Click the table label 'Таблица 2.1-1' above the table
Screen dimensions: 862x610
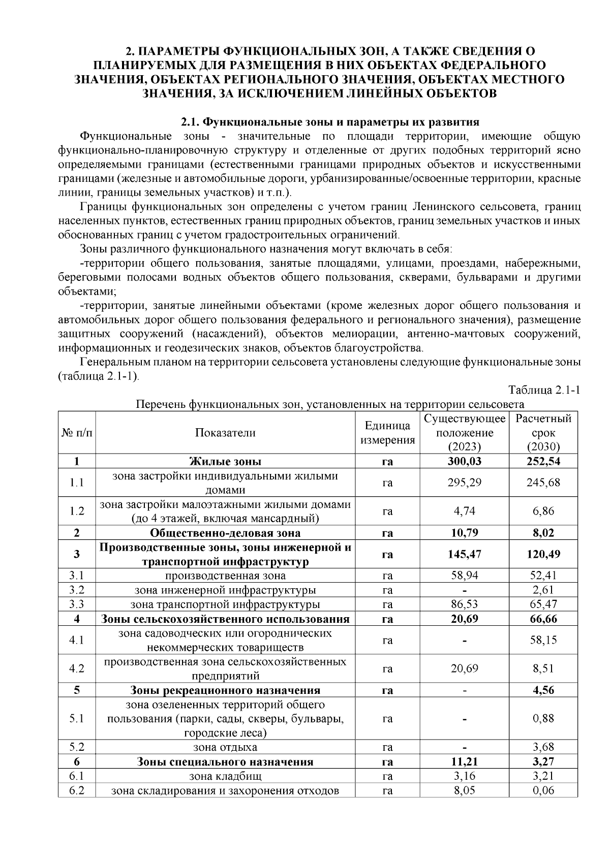(544, 390)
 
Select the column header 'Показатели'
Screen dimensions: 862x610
(225, 433)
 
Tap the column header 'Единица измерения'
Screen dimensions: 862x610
(387, 433)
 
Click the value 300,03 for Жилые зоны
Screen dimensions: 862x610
(464, 461)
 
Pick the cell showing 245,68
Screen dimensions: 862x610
(543, 483)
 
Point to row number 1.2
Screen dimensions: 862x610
(77, 511)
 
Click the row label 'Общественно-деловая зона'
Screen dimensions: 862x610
(225, 533)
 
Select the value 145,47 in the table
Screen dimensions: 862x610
(464, 554)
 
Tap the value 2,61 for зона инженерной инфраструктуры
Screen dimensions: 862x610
(543, 590)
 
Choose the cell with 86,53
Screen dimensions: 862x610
(464, 604)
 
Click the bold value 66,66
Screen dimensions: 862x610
(543, 619)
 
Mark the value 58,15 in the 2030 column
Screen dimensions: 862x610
(543, 640)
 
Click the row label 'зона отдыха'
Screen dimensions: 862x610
(225, 747)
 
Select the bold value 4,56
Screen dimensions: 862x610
(543, 690)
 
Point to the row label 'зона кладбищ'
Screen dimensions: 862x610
(225, 776)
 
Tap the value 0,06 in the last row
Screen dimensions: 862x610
(543, 790)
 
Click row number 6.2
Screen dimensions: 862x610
(77, 790)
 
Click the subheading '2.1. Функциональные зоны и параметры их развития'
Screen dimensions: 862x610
(330, 122)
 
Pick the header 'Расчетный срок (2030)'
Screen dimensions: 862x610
(543, 433)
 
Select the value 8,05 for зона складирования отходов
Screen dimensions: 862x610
(464, 790)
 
